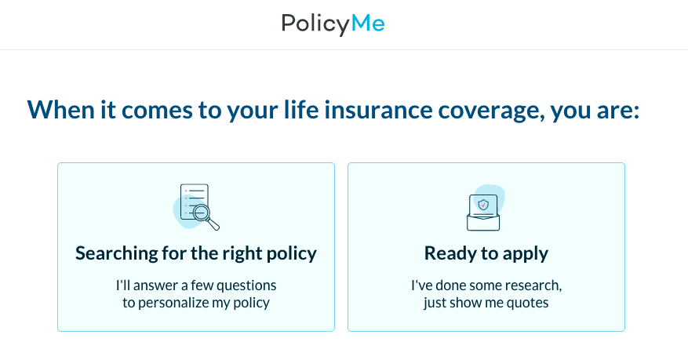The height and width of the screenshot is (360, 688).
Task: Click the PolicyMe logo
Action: coord(333,24)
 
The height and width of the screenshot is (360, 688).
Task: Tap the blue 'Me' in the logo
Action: coord(368,23)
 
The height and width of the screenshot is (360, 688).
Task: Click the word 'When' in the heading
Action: coord(61,110)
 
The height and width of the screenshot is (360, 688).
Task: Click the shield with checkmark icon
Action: coord(483,204)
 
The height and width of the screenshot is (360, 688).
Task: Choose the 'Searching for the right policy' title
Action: coord(195,253)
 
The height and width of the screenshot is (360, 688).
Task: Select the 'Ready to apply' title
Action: coord(486,253)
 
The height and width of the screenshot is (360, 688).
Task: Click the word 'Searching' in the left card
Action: coord(116,253)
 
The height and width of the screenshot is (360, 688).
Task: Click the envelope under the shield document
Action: coord(483,222)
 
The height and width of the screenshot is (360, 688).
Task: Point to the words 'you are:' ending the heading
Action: coord(595,111)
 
